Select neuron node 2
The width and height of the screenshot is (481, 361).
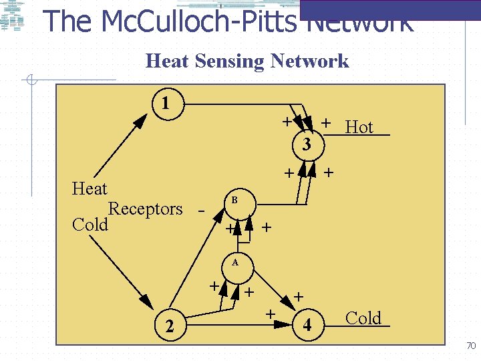tap(170, 326)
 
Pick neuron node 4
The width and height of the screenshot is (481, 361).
tap(307, 326)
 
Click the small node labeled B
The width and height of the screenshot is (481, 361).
tap(234, 201)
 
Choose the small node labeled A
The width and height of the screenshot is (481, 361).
tap(234, 263)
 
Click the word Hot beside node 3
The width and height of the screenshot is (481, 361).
tap(359, 127)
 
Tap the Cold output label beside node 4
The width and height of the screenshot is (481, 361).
tap(363, 318)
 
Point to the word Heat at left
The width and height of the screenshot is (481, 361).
tap(90, 189)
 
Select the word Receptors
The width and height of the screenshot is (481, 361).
tap(145, 209)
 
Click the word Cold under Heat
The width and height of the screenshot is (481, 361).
tap(90, 225)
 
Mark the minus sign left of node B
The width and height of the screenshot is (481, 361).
tap(200, 210)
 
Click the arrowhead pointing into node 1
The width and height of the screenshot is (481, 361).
tap(140, 122)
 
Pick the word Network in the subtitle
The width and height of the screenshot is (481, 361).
tap(309, 62)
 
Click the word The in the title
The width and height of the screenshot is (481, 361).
tap(66, 21)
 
